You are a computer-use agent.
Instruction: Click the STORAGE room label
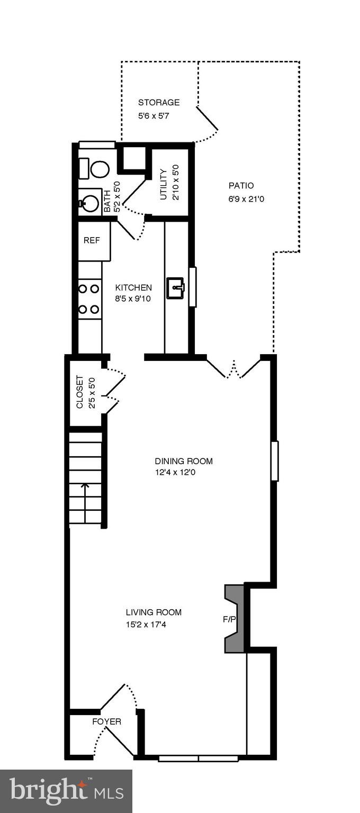159,103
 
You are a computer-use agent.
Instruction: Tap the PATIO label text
241,186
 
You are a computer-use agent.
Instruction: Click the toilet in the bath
99,169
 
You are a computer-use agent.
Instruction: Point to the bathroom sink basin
91,203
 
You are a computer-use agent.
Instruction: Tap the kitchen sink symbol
176,288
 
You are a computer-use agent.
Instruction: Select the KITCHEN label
133,288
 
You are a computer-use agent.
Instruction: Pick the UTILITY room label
164,185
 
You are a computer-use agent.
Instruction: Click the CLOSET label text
80,392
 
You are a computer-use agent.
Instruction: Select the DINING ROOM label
183,461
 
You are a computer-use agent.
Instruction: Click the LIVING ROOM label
154,612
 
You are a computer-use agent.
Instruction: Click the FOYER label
106,721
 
